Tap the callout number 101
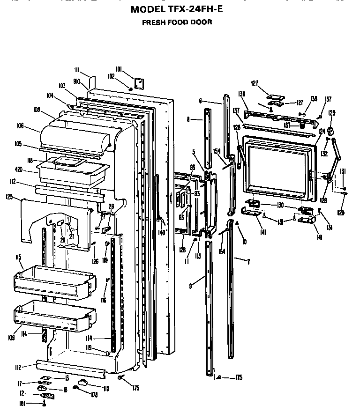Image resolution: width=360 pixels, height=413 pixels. point(119,70)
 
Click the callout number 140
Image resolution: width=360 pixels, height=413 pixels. point(162,232)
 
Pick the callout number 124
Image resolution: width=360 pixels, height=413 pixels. point(322,131)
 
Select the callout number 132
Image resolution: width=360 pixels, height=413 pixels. point(324,153)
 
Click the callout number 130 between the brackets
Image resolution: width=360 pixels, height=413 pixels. point(280,205)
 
